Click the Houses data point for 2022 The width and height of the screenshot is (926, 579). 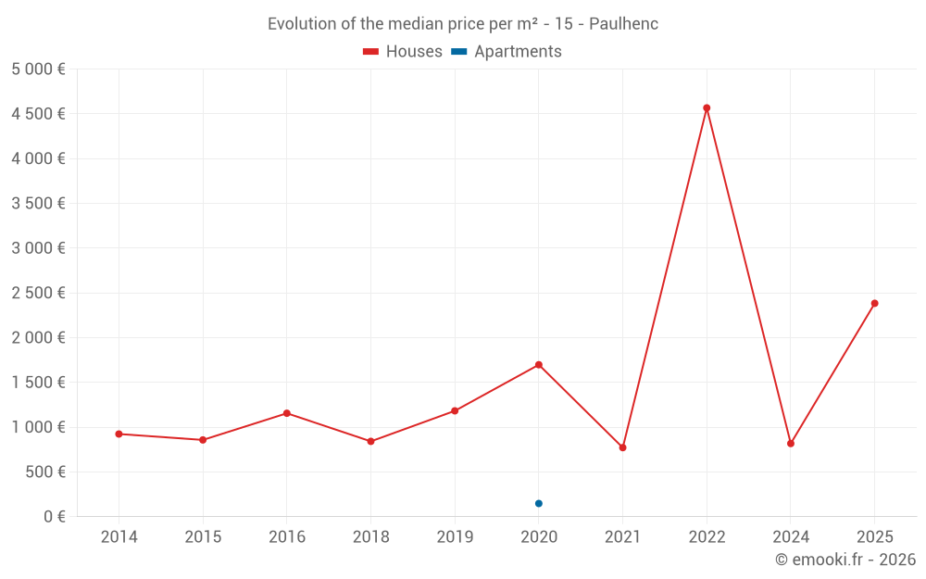click(707, 108)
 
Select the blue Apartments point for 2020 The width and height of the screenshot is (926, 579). click(539, 503)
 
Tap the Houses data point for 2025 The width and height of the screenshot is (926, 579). click(874, 303)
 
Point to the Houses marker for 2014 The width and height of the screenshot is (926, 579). click(119, 434)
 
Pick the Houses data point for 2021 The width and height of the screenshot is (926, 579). click(622, 447)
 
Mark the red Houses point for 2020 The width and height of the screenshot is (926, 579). click(539, 364)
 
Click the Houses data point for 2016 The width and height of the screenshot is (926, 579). click(287, 413)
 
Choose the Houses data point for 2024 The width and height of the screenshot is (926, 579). click(791, 444)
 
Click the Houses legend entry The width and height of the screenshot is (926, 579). click(403, 52)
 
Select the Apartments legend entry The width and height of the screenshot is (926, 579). click(507, 52)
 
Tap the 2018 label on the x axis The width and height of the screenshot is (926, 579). click(370, 537)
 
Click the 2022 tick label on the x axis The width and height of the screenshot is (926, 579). click(707, 537)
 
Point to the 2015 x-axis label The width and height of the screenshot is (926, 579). click(203, 537)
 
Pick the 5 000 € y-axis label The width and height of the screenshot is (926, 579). click(38, 69)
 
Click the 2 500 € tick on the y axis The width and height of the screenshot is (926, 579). click(38, 293)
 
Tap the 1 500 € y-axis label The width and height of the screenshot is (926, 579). click(38, 383)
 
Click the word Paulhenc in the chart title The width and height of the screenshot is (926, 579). click(623, 24)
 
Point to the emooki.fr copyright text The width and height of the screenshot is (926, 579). click(845, 560)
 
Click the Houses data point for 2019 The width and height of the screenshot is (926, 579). click(455, 410)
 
